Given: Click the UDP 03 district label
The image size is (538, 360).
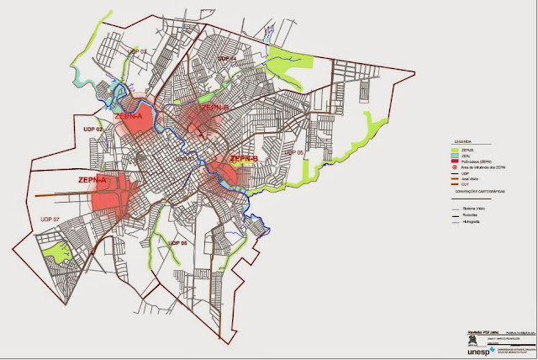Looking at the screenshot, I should (x=138, y=52).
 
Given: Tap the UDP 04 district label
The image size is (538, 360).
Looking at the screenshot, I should (x=225, y=58).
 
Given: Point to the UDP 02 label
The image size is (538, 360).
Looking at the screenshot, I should (x=94, y=129).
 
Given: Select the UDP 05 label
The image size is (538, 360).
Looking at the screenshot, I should (x=293, y=152).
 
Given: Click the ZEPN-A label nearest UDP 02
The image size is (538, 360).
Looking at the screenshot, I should (x=129, y=117).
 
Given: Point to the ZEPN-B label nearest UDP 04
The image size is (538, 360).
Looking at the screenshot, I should (x=215, y=107).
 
